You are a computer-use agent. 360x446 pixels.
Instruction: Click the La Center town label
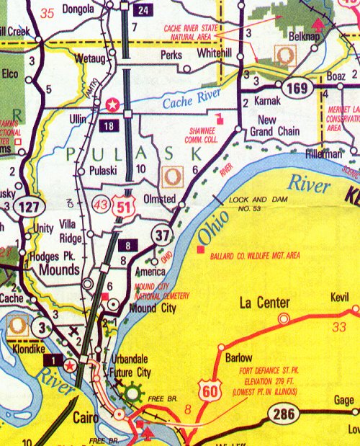click(x=264, y=303)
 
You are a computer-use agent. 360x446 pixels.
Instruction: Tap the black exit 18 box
click(x=108, y=125)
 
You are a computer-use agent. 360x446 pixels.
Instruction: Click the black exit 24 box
click(x=143, y=9)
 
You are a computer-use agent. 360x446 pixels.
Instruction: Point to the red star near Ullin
click(x=112, y=104)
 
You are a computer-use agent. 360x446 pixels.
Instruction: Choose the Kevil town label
click(x=340, y=296)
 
